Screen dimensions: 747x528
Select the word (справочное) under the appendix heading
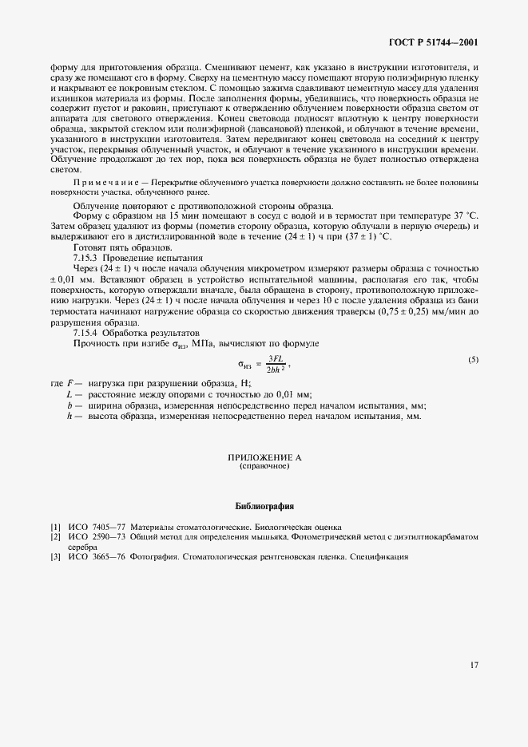(x=264, y=467)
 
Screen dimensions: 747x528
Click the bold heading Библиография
(x=264, y=506)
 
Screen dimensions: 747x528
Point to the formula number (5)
(x=473, y=360)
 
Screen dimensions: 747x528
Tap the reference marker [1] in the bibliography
(x=54, y=528)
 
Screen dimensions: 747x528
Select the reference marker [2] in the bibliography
(x=54, y=537)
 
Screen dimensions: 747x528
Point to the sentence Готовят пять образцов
(x=117, y=247)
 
